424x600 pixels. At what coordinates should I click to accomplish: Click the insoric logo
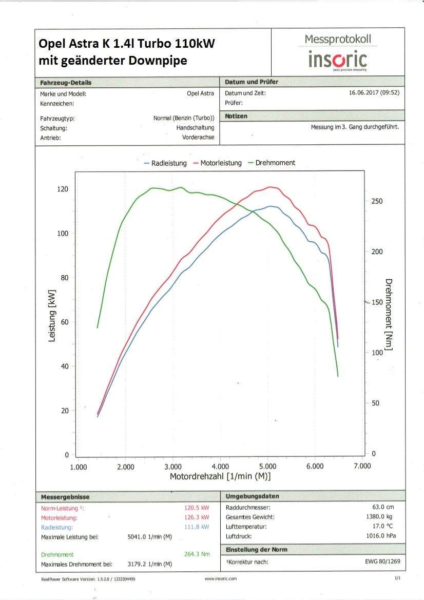[337, 60]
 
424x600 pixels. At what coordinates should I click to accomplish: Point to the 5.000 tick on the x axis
[267, 467]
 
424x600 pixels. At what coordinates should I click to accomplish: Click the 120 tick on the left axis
[62, 189]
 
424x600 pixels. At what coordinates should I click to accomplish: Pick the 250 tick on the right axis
[377, 202]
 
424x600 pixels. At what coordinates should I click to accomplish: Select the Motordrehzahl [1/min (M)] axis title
[220, 477]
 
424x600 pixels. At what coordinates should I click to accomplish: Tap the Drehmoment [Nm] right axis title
[389, 315]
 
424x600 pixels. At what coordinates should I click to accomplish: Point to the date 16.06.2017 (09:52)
[374, 93]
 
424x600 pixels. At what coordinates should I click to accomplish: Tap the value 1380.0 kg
[381, 517]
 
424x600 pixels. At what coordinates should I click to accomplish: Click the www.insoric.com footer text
[221, 579]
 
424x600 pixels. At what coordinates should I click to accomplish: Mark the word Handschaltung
[195, 128]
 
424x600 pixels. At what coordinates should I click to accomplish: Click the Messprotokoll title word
[338, 39]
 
